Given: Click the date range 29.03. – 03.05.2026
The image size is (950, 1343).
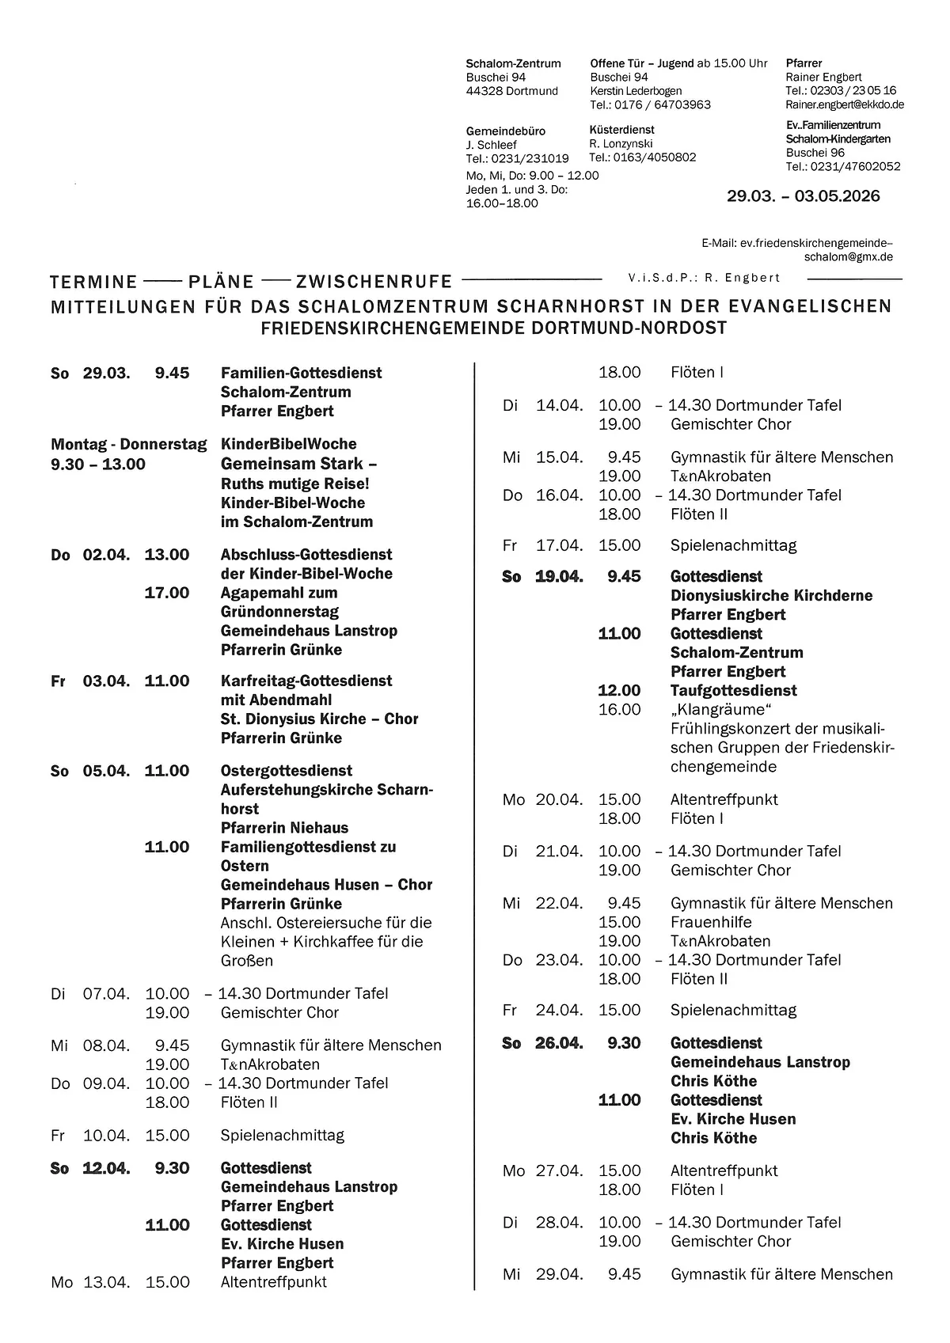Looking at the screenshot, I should point(803,196).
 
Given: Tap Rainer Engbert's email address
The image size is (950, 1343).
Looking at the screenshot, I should point(844,104).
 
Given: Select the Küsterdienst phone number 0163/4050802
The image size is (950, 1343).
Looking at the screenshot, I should point(643,157).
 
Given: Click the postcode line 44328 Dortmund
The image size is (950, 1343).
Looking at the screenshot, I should point(511,91).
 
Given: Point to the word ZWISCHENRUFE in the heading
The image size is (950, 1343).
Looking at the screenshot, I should point(374,282).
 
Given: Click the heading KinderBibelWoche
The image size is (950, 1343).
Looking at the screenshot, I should point(288,444).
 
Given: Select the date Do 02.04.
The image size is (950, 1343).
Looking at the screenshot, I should point(90,555).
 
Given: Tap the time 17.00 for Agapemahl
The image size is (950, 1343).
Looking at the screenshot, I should point(166,593).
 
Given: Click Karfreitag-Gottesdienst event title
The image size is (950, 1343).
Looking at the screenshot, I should point(306,681).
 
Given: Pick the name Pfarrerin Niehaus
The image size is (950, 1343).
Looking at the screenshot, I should point(284,828).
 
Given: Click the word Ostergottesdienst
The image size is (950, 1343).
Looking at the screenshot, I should point(287,771).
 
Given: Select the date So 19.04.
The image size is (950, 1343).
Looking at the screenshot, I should point(543,577).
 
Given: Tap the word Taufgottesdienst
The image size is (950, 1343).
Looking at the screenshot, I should point(733,691).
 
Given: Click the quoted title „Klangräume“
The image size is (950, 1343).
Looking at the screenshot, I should point(720,710).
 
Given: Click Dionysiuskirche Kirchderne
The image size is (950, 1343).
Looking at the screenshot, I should point(771,596).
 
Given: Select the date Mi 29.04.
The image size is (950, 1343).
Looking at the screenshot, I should point(543,1274).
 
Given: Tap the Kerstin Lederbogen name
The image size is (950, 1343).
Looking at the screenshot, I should point(636,91).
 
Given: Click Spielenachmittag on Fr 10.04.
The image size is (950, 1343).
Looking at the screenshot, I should point(282,1136).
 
